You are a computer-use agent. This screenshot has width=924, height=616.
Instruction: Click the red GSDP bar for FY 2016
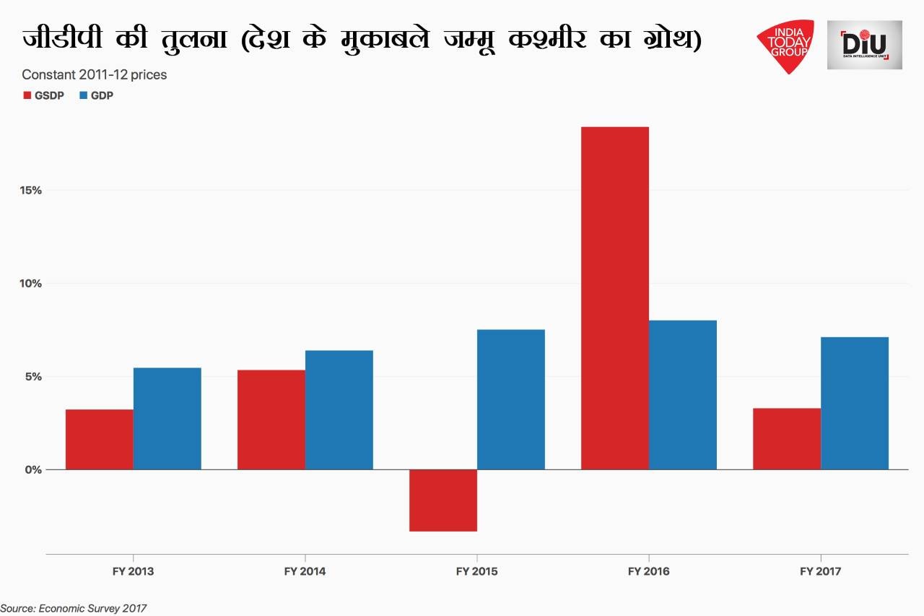[614, 298]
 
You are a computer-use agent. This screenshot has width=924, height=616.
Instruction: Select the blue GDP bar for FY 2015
[511, 399]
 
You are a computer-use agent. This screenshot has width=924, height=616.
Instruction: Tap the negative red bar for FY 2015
[443, 500]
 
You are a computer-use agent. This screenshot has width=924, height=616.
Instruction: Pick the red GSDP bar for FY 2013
[99, 439]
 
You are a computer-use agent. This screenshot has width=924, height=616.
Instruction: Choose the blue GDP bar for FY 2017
[855, 403]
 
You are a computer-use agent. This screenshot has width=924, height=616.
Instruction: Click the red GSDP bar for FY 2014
[271, 420]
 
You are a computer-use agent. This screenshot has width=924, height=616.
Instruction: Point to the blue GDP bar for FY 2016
[683, 395]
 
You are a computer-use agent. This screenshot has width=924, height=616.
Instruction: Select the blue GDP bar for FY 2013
[167, 418]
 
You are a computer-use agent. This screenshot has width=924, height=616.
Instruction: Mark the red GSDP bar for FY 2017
[786, 438]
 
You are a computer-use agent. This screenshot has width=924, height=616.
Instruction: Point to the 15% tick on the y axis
[32, 191]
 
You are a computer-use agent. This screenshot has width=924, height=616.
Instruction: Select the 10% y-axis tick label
[32, 284]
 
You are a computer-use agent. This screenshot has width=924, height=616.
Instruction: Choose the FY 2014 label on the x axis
[305, 571]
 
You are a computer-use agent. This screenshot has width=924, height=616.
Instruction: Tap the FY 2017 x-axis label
[820, 571]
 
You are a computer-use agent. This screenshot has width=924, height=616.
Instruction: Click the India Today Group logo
[785, 46]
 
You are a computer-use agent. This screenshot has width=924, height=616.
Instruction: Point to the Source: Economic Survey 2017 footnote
[74, 608]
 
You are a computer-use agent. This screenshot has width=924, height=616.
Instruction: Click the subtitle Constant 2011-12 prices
[95, 74]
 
